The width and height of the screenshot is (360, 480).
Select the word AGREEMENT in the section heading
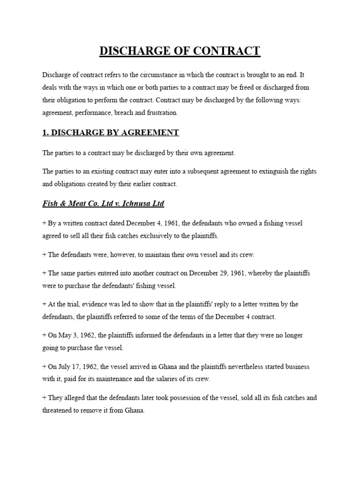coord(150,133)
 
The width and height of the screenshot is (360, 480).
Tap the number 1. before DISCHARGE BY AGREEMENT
coord(45,133)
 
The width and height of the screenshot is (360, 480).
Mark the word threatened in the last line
coord(59,410)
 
